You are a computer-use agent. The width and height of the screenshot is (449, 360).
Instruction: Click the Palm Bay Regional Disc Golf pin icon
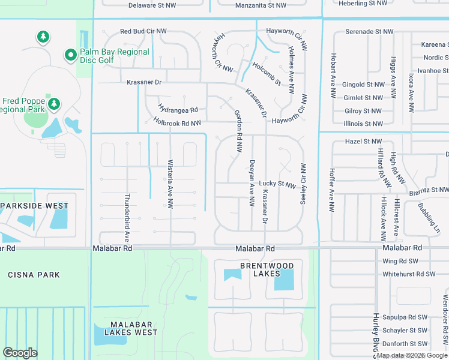(70, 56)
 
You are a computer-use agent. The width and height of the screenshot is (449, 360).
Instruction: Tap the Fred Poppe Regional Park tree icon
(54, 104)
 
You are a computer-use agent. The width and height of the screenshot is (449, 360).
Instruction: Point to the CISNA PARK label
(34, 275)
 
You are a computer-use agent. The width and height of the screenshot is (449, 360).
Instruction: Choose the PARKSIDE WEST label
(34, 206)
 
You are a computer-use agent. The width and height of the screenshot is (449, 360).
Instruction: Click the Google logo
(20, 353)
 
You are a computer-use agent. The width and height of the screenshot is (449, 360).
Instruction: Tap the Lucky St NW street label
(277, 184)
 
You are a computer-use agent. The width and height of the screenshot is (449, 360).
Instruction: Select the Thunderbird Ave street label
(127, 217)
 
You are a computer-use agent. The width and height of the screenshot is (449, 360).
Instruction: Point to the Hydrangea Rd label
(178, 110)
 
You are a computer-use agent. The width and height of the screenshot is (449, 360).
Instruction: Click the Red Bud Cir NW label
(143, 31)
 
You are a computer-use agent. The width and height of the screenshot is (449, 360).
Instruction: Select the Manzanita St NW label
(261, 5)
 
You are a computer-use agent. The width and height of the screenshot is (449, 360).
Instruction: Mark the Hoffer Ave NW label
(331, 190)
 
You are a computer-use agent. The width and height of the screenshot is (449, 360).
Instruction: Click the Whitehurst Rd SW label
(409, 274)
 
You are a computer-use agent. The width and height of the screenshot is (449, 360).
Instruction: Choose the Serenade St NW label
(369, 31)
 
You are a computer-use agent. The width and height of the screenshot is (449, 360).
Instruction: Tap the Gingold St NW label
(363, 85)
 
